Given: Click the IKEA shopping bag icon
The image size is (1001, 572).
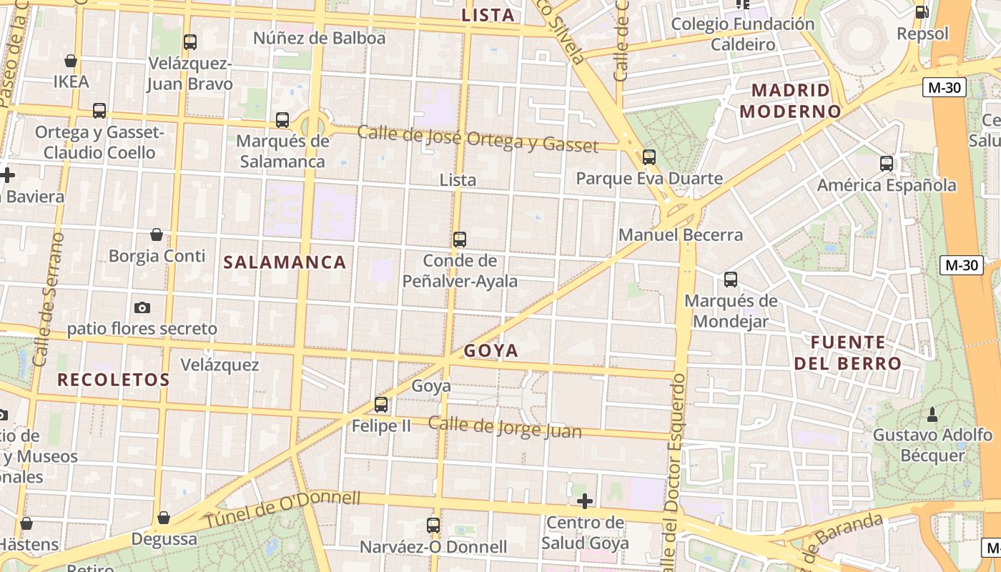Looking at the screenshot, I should point(71,61).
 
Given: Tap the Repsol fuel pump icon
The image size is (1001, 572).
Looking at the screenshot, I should point(922,11).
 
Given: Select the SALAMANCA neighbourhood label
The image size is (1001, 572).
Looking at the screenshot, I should point(285,262).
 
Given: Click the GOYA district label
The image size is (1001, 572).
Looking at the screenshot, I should point(490,350).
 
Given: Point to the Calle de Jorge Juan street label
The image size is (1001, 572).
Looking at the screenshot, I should point(505,427).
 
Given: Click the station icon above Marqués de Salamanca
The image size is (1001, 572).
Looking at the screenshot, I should point(282,119).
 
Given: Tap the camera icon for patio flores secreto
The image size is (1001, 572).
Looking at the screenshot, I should point(142,307).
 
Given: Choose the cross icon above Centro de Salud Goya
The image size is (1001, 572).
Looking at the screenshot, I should point(585,501).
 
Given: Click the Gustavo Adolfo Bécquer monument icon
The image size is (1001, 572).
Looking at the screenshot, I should point(932,414).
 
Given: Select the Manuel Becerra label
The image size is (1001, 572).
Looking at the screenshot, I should point(681,235).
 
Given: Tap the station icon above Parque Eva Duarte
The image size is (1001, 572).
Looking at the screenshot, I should point(649,157).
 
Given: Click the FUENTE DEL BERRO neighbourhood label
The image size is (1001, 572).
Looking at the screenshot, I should point(848,352).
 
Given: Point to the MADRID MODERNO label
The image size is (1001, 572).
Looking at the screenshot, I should point(790,101).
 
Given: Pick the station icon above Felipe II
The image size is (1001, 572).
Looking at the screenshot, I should point(381,405).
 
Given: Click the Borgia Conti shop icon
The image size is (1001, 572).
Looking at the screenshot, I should point(157,235).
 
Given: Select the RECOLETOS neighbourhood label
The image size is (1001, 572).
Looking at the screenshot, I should point(114,380).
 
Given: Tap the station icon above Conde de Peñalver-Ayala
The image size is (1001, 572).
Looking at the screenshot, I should point(460,240).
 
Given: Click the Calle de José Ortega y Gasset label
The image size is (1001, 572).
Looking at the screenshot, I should point(477,139).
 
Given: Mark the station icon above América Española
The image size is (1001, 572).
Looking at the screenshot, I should point(887,164).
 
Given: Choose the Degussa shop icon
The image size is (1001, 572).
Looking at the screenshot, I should point(164,518).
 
